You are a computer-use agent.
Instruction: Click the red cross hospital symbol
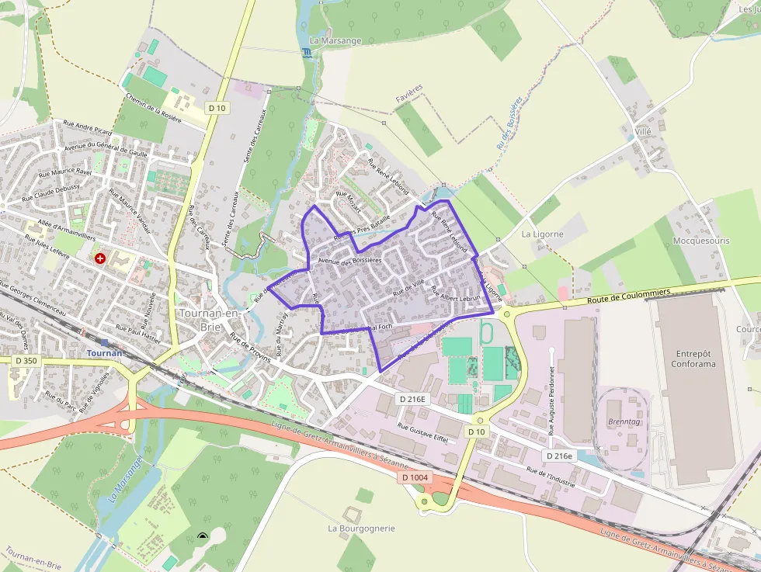point(100,258)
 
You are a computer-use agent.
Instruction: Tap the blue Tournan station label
point(105,353)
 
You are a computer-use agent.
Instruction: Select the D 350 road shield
point(26,361)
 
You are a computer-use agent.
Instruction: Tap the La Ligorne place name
point(542,234)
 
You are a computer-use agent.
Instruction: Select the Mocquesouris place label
point(701,241)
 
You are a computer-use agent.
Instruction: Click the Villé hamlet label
point(643,132)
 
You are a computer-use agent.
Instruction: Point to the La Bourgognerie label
point(361,529)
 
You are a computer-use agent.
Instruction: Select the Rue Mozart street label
point(349,197)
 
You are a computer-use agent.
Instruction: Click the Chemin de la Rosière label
point(154,108)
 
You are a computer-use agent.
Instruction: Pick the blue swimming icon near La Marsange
point(304,52)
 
